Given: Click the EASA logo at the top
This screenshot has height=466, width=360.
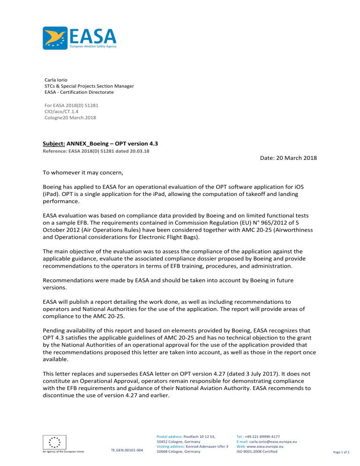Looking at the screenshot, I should (79, 38).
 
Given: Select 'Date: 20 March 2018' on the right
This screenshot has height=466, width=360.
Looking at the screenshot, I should (288, 158).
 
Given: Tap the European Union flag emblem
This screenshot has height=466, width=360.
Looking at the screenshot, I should (54, 442).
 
